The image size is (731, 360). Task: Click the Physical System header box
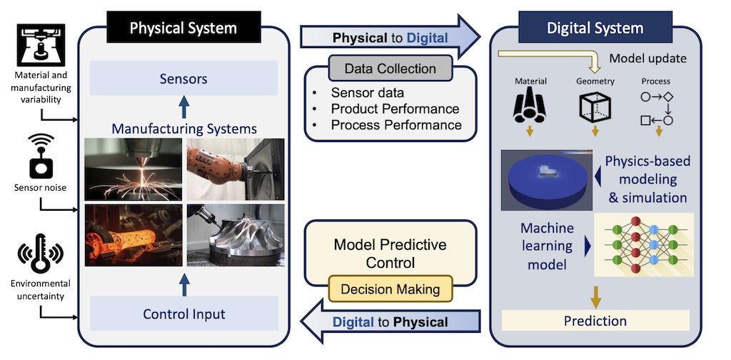(183, 29)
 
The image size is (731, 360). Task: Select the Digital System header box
(595, 29)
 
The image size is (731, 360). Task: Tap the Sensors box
(183, 79)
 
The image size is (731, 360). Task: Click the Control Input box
(183, 314)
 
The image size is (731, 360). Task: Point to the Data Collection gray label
(390, 69)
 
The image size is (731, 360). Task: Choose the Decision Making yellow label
(390, 289)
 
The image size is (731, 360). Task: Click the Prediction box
(595, 320)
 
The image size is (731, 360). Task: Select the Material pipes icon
(529, 106)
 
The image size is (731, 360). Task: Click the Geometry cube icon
(595, 106)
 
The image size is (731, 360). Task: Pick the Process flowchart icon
(657, 107)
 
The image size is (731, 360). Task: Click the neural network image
(643, 244)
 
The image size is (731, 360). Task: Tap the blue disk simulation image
(545, 179)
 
